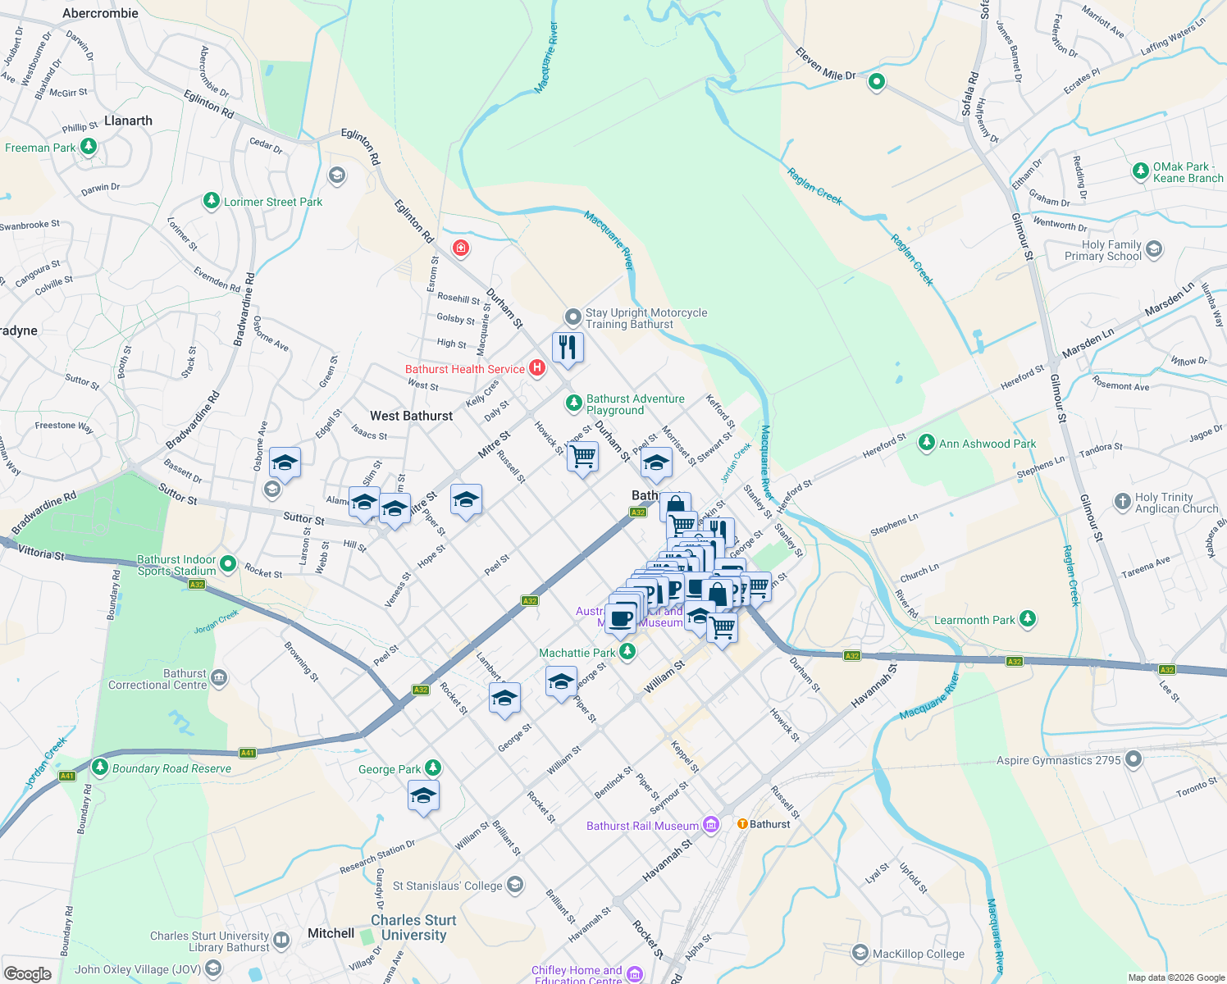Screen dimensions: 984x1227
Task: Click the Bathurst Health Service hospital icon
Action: tap(537, 368)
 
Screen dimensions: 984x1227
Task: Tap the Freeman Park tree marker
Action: tap(89, 148)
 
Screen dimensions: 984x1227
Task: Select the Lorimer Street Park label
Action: tap(273, 202)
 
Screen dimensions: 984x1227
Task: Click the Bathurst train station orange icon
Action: tap(742, 824)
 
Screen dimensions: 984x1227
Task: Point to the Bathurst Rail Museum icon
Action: tap(710, 825)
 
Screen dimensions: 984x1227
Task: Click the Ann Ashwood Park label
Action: tap(988, 444)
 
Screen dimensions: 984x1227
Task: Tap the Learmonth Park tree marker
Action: tap(1027, 620)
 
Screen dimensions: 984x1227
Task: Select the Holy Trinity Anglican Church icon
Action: tap(1122, 502)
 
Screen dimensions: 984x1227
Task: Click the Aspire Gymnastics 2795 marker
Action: tap(1133, 759)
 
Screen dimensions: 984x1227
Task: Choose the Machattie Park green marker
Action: tap(627, 652)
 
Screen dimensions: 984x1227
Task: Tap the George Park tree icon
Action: tap(433, 768)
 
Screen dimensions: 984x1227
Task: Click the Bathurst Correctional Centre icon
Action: tap(219, 678)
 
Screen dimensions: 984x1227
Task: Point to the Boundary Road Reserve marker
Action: tap(100, 768)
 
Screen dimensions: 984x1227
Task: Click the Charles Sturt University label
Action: tap(413, 927)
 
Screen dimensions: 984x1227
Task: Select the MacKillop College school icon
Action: tap(860, 953)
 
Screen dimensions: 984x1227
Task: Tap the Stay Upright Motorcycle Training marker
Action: tap(573, 317)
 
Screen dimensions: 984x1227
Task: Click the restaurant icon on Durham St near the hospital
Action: tap(567, 348)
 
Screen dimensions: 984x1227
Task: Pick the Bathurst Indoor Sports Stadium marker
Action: tap(228, 564)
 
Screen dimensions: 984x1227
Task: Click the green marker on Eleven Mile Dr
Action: tap(877, 81)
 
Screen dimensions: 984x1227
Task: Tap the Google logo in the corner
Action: tap(27, 973)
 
